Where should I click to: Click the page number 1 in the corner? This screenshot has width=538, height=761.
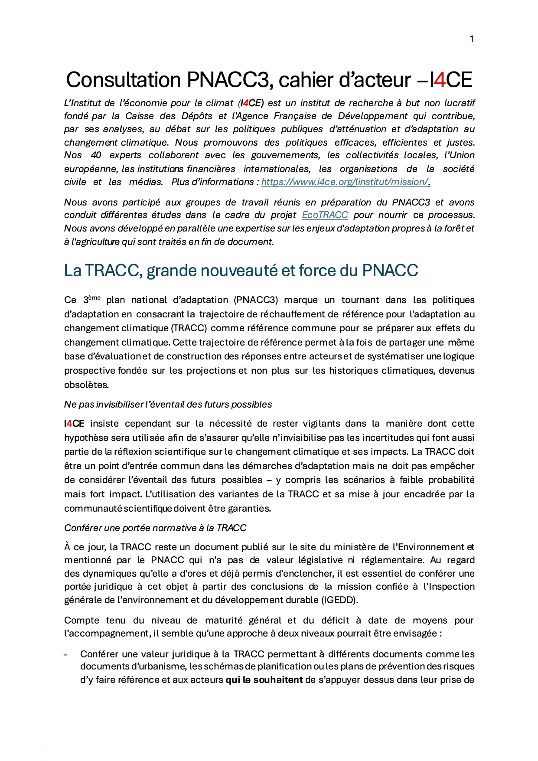click(x=471, y=39)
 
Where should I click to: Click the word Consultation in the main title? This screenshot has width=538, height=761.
click(x=123, y=80)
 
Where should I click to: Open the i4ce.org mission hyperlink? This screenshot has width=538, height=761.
click(x=345, y=182)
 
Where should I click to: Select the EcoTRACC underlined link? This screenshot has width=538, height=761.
click(x=325, y=215)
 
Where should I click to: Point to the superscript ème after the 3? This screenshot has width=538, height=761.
click(x=95, y=297)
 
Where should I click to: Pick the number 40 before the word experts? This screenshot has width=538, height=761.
click(x=96, y=155)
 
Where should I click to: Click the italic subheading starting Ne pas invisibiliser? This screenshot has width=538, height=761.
click(x=168, y=405)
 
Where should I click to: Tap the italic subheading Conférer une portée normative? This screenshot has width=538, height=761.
click(x=155, y=528)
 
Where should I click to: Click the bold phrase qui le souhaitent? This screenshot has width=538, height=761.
click(x=264, y=680)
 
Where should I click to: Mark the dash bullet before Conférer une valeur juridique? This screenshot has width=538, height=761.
click(x=66, y=654)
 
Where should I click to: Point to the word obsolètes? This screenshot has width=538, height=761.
click(x=86, y=385)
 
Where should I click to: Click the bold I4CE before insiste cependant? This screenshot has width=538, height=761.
click(x=74, y=424)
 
